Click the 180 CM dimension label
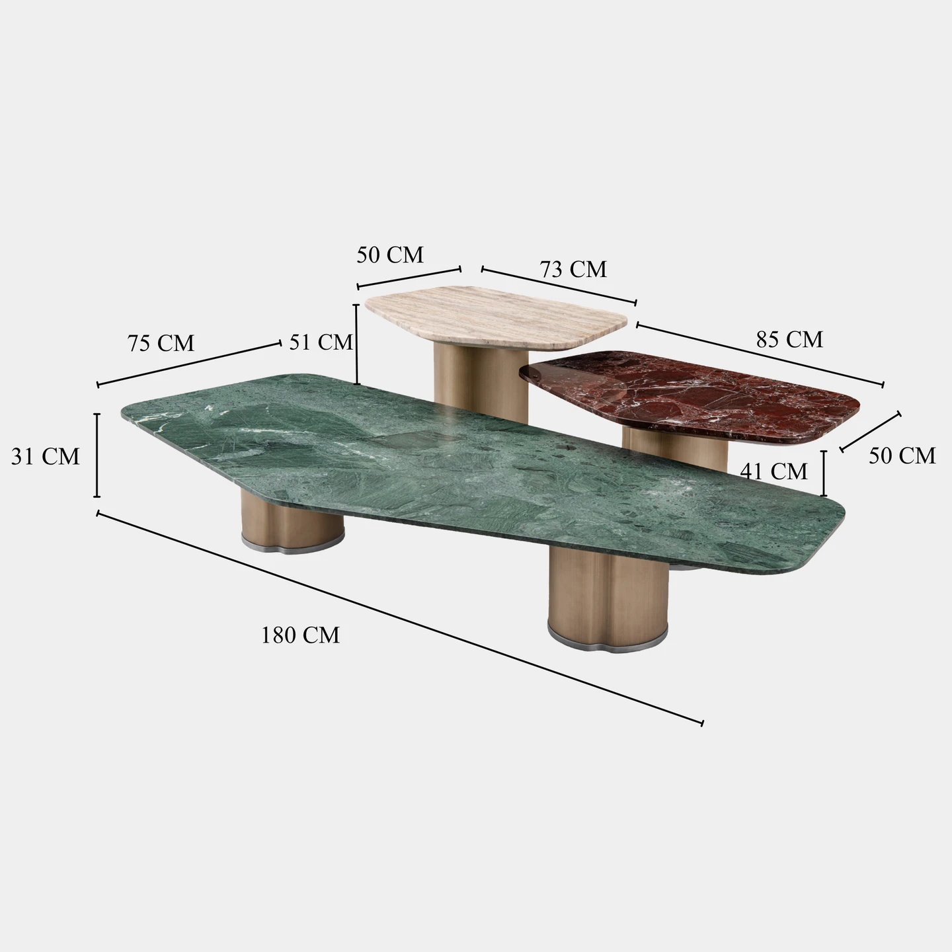(x=300, y=635)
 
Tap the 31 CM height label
(x=46, y=456)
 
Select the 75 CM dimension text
(x=161, y=343)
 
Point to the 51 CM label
(x=321, y=342)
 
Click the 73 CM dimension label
(x=573, y=269)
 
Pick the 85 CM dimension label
(x=789, y=339)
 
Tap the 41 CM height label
(x=773, y=472)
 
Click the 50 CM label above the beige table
(x=390, y=255)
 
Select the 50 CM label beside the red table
(x=902, y=456)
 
